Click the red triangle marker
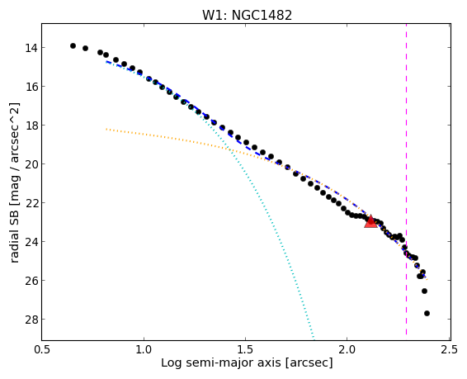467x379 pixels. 370,221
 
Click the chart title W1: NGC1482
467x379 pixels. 248,16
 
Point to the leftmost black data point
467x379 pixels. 73,45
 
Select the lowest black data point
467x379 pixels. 427,313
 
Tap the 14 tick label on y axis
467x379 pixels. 31,48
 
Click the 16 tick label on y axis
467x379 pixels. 31,87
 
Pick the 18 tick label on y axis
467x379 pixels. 31,126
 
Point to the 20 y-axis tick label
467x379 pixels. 31,163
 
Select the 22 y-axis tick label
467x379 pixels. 31,203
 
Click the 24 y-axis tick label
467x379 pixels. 31,242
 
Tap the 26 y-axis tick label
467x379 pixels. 31,281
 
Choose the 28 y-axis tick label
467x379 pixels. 31,320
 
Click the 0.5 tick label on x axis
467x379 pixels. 42,349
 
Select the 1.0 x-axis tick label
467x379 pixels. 144,349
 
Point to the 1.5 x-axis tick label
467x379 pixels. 245,349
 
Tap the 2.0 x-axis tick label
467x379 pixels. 347,349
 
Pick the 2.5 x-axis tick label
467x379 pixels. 450,349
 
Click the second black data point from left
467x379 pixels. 85,48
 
